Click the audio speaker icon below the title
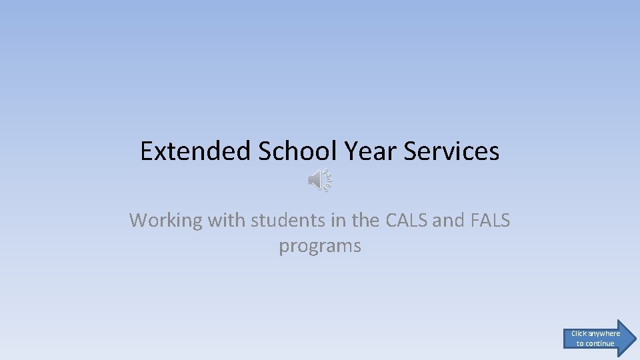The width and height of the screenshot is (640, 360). click(319, 180)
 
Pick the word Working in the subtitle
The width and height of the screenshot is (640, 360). click(167, 220)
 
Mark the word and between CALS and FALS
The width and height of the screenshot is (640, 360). click(448, 220)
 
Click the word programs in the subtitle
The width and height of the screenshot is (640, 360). click(320, 246)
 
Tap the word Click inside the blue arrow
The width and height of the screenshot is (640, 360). click(579, 333)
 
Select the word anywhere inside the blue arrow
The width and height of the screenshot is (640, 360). click(603, 333)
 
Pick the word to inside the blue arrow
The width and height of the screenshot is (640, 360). click(580, 343)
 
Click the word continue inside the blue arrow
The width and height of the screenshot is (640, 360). click(600, 343)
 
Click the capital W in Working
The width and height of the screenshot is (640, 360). click(138, 220)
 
